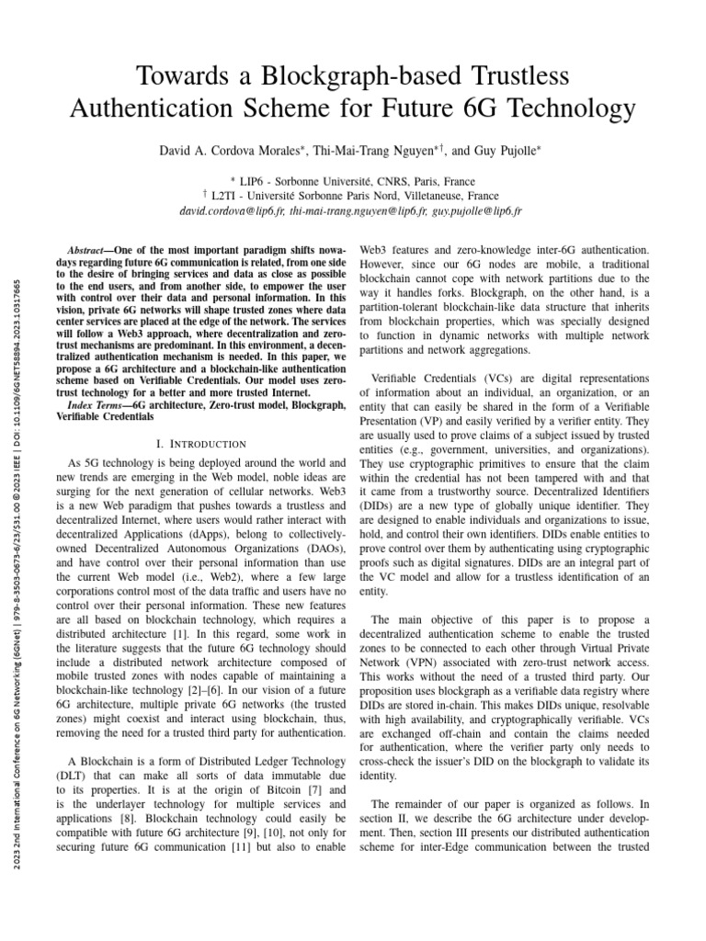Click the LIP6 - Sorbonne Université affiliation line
coord(353,182)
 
